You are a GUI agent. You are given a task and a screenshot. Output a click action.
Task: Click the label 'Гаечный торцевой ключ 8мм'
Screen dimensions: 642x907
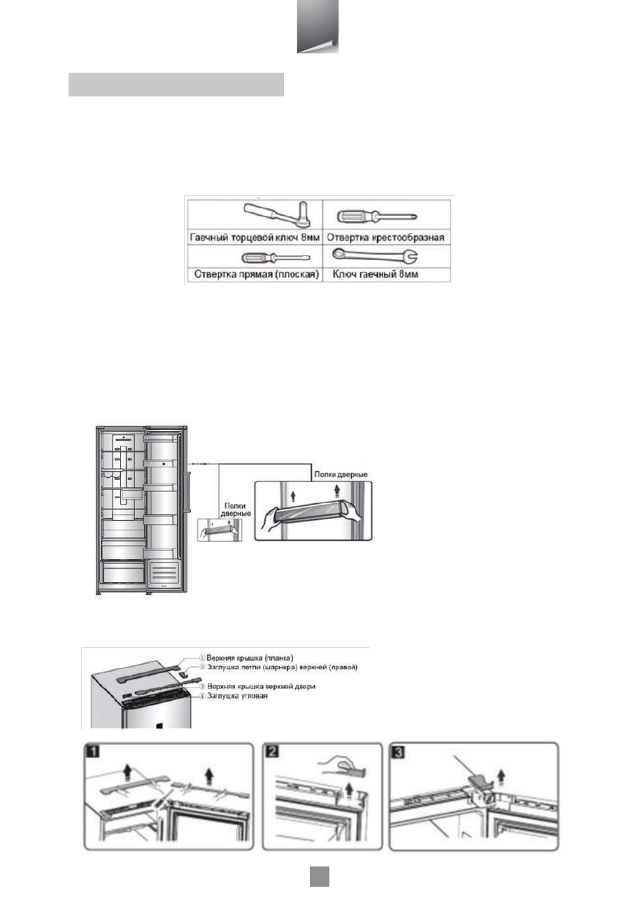[253, 238]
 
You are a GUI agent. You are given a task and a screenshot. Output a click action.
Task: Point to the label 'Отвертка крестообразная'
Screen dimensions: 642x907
[387, 238]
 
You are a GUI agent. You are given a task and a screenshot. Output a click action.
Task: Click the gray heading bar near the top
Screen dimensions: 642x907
[176, 84]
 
